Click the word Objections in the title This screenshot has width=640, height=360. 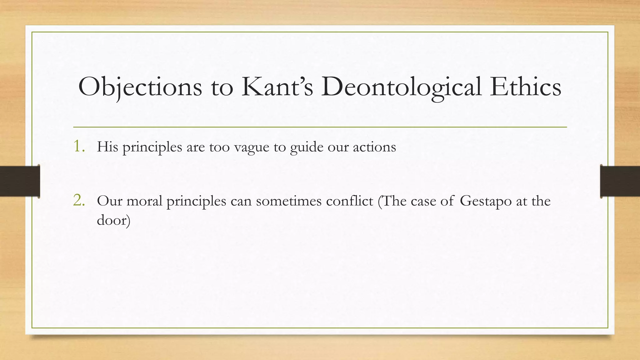[x=140, y=87]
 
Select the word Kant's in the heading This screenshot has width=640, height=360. [x=277, y=87]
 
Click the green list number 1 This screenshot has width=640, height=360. [x=78, y=146]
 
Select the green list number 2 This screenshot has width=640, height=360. [x=78, y=200]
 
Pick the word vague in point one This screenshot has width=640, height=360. [x=251, y=147]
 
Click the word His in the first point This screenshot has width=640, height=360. [x=107, y=147]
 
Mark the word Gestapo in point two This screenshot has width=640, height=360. [x=486, y=201]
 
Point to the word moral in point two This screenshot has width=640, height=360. [x=144, y=201]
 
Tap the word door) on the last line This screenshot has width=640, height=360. [x=113, y=220]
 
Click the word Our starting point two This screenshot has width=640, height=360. [x=109, y=201]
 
